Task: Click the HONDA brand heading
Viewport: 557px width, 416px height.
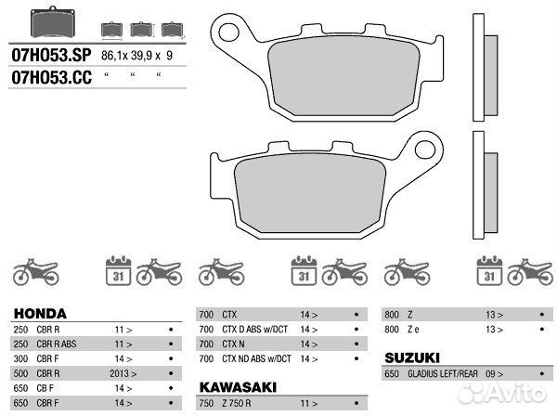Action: (x=40, y=314)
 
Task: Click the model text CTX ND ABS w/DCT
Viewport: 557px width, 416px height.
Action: (x=257, y=358)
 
